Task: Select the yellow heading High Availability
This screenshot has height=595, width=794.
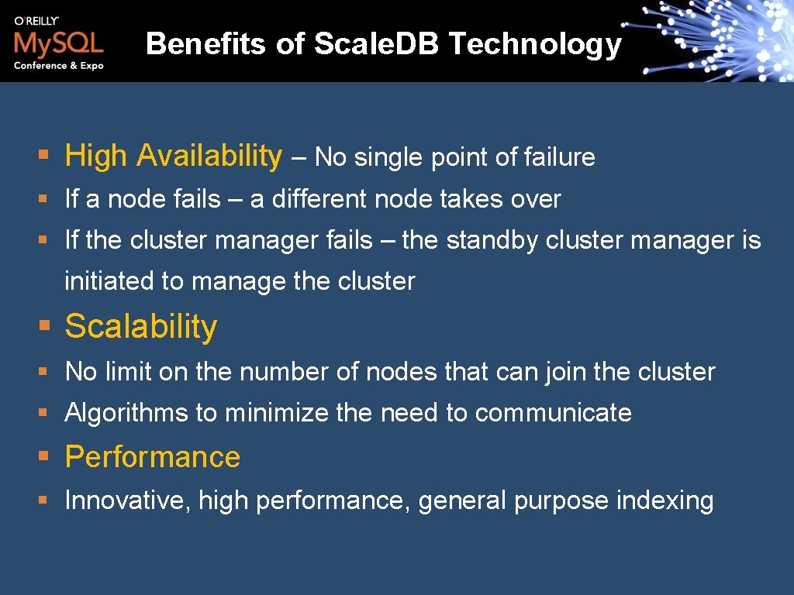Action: pyautogui.click(x=174, y=156)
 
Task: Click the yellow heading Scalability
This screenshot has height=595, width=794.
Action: pyautogui.click(x=141, y=327)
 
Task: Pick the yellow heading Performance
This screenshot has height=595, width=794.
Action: pyautogui.click(x=153, y=457)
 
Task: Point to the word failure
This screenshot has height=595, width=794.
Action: pyautogui.click(x=559, y=157)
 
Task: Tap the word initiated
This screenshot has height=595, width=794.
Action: pyautogui.click(x=109, y=280)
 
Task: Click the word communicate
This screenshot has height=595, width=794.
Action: pyautogui.click(x=553, y=413)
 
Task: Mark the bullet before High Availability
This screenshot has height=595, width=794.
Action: pyautogui.click(x=45, y=156)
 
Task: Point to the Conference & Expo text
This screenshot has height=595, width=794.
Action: pyautogui.click(x=58, y=66)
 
